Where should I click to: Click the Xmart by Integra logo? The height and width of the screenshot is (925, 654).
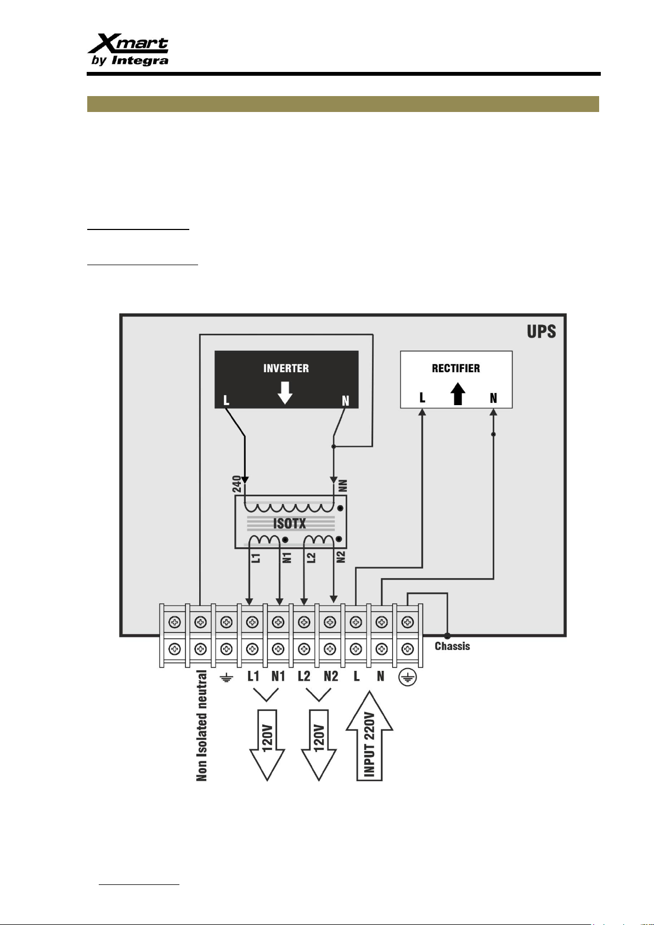(x=128, y=49)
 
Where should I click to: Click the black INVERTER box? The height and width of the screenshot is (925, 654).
(x=286, y=379)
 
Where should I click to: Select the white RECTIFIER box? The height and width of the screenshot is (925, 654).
(x=456, y=379)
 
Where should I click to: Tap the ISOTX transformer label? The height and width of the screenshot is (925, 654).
(x=290, y=524)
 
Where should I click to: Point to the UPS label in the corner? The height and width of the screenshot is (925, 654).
(x=542, y=332)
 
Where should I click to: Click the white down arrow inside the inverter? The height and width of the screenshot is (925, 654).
(x=285, y=393)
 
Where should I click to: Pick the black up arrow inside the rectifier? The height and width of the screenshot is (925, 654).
(x=458, y=394)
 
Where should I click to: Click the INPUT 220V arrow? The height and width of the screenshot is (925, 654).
(x=369, y=736)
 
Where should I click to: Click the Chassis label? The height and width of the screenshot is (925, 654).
(x=452, y=646)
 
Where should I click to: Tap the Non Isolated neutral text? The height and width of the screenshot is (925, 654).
(x=202, y=726)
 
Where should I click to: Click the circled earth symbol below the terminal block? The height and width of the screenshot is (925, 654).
(x=408, y=677)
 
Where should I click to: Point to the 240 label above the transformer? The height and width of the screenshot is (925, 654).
(x=237, y=484)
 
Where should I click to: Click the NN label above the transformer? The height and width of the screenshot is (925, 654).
(x=342, y=486)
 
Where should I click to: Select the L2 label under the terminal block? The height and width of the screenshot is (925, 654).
(x=304, y=676)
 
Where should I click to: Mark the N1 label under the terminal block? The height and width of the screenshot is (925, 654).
(x=278, y=676)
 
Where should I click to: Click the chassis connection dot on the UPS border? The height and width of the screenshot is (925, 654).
(x=447, y=636)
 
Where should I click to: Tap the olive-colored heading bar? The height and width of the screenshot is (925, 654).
(x=343, y=104)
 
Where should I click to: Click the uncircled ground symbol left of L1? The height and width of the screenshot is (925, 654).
(x=227, y=677)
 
